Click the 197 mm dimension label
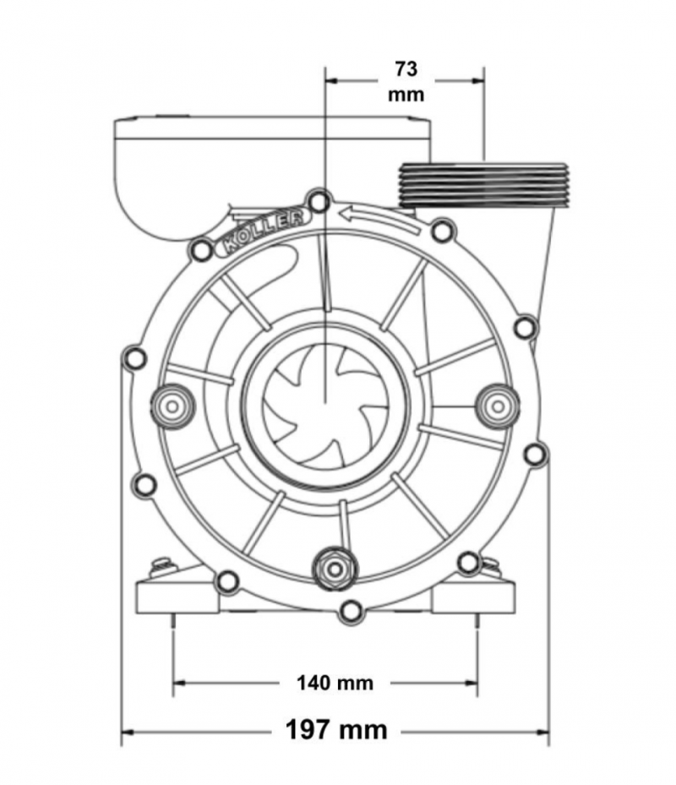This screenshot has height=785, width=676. tap(336, 730)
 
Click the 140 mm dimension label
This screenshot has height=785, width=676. tap(335, 683)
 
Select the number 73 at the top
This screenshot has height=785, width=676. tap(406, 69)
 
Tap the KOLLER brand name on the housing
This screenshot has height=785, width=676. tap(263, 230)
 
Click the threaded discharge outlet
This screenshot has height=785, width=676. tap(484, 184)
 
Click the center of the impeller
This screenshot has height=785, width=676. tap(325, 406)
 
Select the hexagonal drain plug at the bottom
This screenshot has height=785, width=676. tap(335, 570)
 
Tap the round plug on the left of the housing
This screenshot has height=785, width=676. tap(172, 406)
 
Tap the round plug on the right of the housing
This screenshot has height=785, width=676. tap(497, 406)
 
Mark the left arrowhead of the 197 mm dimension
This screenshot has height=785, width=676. tap(128, 733)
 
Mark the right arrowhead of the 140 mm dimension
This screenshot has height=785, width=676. tap(471, 683)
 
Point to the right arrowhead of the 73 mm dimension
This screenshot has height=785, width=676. tap(477, 80)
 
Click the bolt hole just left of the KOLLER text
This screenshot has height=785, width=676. tap(202, 250)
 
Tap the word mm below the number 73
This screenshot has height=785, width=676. tap(406, 95)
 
